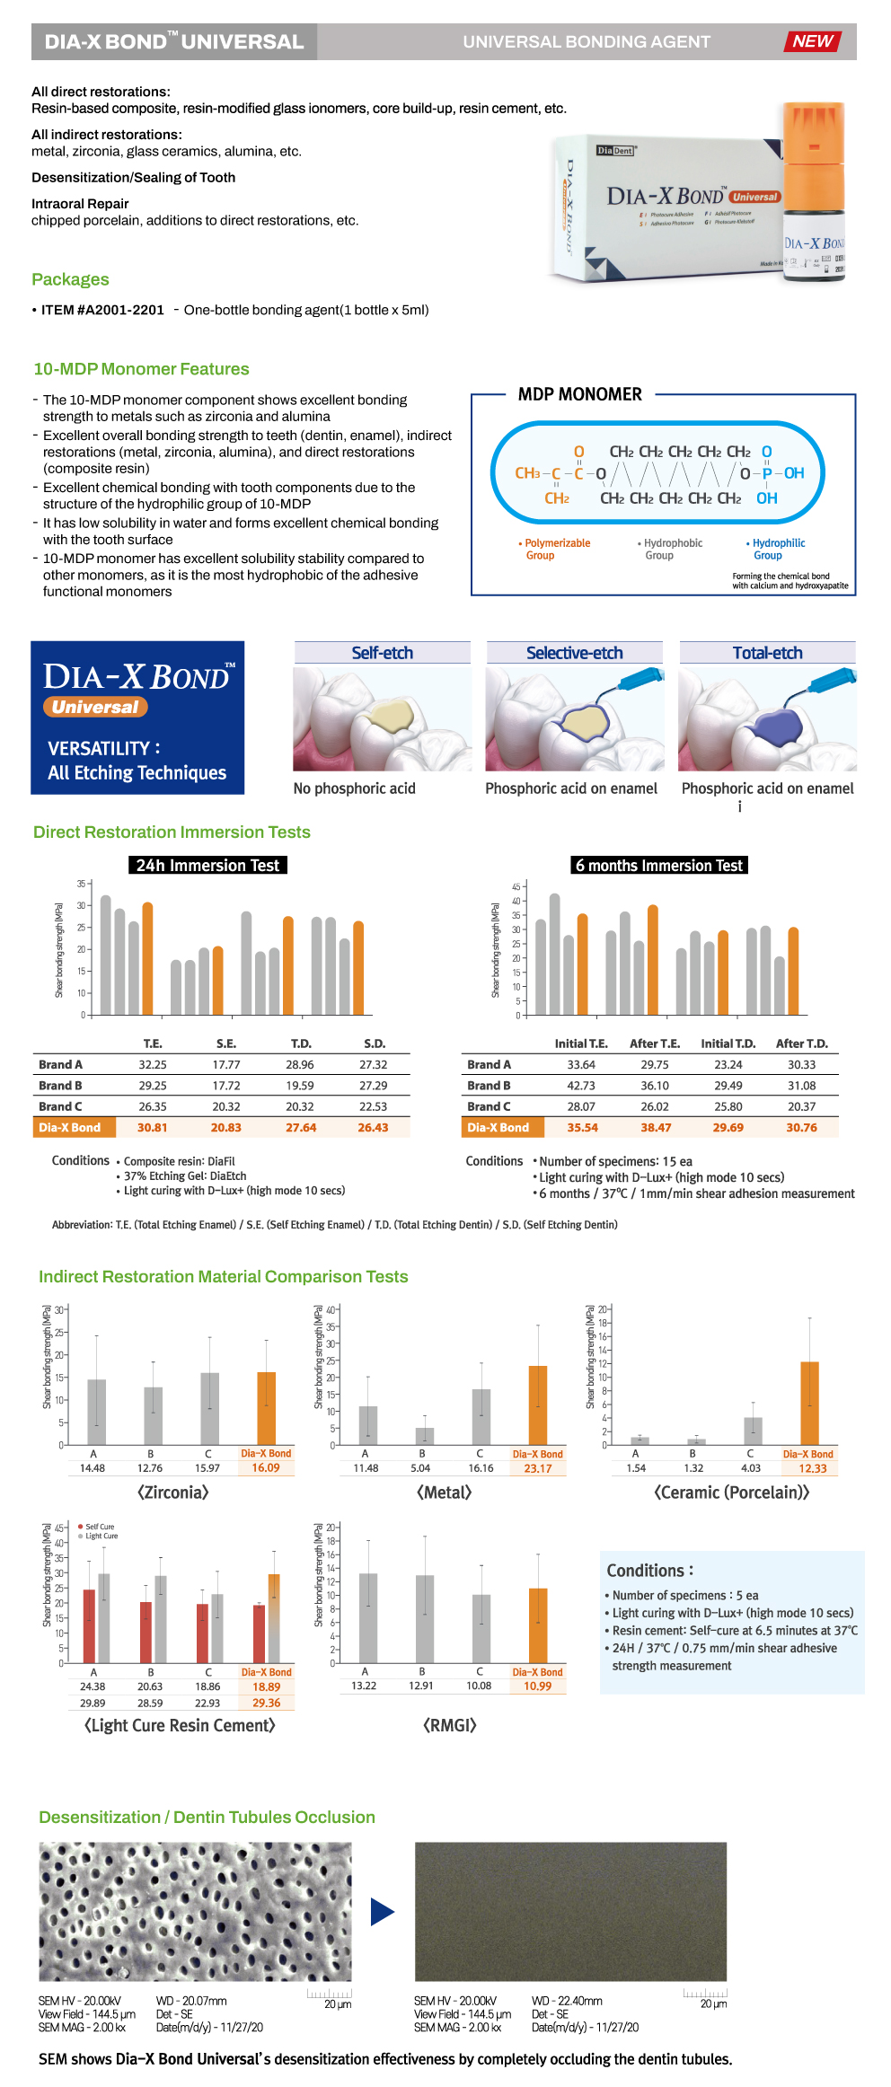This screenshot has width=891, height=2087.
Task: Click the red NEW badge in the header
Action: (812, 41)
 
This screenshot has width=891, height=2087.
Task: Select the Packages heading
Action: (70, 279)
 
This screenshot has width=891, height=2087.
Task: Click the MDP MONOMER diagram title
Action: (579, 394)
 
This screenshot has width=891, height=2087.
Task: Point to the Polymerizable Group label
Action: (555, 550)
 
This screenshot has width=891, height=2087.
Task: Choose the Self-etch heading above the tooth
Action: (382, 653)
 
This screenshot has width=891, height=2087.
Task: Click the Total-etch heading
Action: (767, 653)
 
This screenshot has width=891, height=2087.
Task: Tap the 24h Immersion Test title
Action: (207, 866)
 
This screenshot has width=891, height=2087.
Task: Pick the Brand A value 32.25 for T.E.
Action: (153, 1064)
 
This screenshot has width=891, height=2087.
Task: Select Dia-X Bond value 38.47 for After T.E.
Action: (656, 1128)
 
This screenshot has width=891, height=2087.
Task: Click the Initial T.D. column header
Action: (728, 1043)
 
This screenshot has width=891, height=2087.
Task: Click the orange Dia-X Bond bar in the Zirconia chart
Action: (266, 1407)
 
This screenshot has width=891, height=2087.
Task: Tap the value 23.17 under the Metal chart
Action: (538, 1468)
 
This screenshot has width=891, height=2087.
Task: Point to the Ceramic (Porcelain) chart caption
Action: (731, 1493)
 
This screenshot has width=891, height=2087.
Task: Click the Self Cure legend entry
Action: (99, 1527)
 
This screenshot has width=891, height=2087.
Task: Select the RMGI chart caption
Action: (449, 1725)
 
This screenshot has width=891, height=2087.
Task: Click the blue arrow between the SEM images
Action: (383, 1912)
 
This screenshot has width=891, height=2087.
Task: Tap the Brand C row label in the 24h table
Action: (60, 1106)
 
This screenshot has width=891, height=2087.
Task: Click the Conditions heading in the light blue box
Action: (649, 1571)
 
